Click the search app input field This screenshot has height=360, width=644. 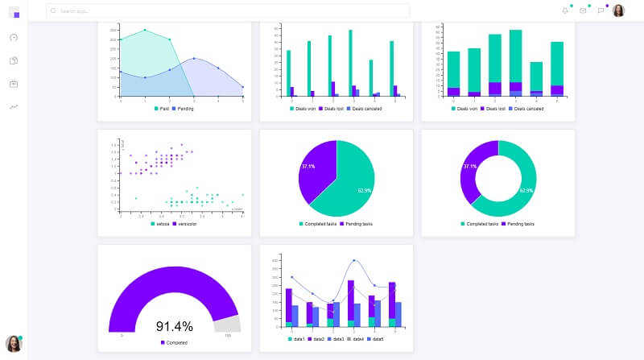click(225, 11)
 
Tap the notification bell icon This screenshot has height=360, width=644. click(565, 10)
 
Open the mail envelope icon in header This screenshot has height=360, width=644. click(583, 10)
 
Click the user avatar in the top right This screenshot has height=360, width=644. click(618, 10)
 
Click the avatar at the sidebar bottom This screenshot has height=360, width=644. click(13, 343)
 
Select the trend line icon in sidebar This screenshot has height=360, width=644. click(14, 106)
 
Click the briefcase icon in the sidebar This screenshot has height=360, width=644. click(14, 84)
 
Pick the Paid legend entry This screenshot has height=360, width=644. click(162, 108)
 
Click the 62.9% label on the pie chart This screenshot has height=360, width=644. click(364, 190)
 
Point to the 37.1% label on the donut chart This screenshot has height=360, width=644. click(470, 167)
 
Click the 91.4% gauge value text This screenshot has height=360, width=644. click(174, 326)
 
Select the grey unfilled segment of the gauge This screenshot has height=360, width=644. click(228, 322)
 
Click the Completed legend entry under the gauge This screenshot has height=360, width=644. click(174, 343)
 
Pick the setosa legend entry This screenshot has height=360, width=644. click(159, 223)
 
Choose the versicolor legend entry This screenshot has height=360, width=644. click(184, 223)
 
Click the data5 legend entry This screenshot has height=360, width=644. click(374, 339)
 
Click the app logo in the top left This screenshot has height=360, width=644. click(14, 11)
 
